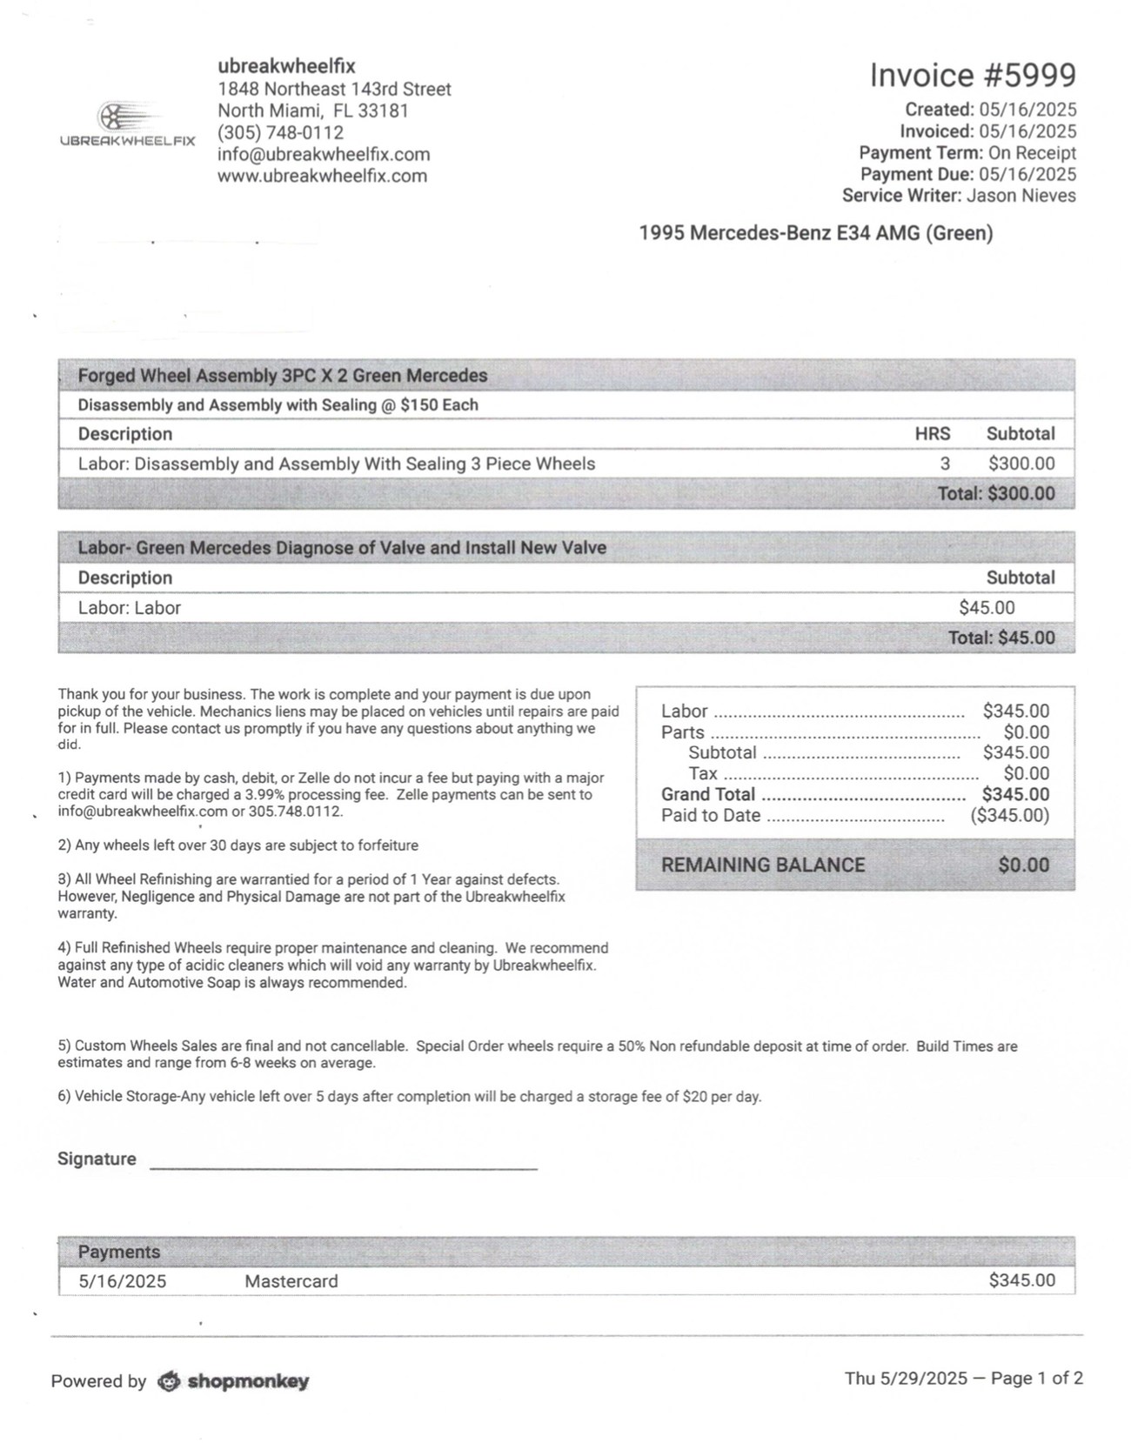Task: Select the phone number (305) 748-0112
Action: click(280, 132)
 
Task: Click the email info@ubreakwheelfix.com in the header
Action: click(324, 154)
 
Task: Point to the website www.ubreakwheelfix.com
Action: click(322, 176)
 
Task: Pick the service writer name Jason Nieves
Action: click(1021, 196)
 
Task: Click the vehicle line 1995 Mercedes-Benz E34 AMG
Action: click(815, 233)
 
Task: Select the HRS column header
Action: click(932, 434)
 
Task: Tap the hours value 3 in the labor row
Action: click(945, 464)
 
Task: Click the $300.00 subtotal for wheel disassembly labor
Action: click(1021, 464)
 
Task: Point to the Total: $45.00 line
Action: click(1000, 638)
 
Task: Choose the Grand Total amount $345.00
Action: click(1015, 794)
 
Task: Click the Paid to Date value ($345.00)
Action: click(1009, 815)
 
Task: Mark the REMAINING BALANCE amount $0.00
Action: click(1023, 865)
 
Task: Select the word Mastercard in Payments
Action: click(291, 1281)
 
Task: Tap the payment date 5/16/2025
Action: click(122, 1281)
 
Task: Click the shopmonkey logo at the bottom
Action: click(233, 1381)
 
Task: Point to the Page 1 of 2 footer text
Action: click(1036, 1379)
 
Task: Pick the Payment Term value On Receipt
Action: click(1032, 153)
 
